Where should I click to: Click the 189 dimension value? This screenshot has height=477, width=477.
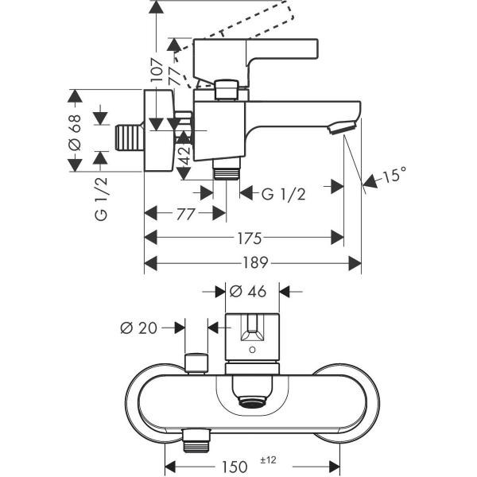click(255, 262)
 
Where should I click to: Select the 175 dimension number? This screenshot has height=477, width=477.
click(250, 238)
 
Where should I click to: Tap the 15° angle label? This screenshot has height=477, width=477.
click(394, 175)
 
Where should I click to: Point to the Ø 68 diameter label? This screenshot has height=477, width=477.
click(75, 132)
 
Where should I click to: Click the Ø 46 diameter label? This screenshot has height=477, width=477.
click(248, 292)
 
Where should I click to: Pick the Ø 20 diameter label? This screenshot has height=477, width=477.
click(138, 328)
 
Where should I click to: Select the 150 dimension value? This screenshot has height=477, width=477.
click(235, 466)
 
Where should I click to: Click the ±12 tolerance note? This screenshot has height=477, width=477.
click(269, 460)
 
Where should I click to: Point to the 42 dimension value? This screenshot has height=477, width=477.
click(184, 154)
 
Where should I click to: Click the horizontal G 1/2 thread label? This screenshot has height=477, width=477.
click(283, 194)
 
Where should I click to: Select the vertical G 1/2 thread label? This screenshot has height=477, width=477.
click(101, 199)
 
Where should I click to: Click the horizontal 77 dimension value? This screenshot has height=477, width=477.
click(185, 214)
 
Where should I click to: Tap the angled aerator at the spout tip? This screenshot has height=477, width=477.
click(342, 127)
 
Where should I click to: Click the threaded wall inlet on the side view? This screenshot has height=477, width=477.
click(130, 138)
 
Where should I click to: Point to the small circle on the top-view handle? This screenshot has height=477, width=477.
click(252, 350)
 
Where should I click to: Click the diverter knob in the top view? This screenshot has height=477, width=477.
click(196, 363)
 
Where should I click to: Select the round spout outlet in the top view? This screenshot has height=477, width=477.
click(252, 401)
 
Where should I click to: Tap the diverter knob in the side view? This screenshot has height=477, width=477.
click(226, 89)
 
